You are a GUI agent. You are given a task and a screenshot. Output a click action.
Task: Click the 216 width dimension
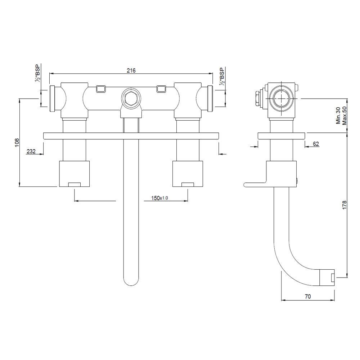[x=131, y=71]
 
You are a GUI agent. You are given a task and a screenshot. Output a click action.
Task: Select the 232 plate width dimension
[x=31, y=152]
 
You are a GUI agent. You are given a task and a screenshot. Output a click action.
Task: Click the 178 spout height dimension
[x=345, y=206]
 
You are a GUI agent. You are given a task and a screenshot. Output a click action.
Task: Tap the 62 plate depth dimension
[x=316, y=144]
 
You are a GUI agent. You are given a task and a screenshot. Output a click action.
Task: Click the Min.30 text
[x=338, y=115]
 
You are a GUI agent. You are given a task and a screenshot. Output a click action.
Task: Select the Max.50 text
[x=344, y=115]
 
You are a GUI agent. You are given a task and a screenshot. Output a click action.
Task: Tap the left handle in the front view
[x=74, y=174]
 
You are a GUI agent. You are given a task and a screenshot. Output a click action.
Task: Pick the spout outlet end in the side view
[x=328, y=277]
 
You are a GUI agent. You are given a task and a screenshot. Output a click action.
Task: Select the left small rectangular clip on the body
[x=101, y=89]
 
